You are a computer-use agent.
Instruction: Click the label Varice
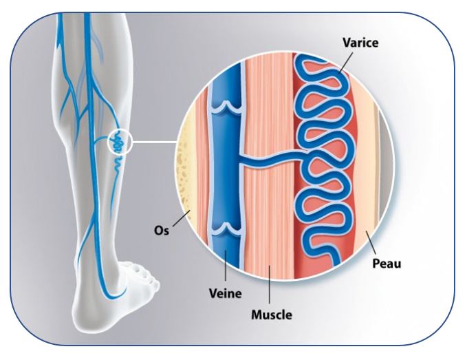[x=360, y=43]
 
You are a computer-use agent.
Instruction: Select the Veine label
[x=226, y=294]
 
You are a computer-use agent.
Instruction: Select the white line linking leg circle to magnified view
[x=154, y=142]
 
